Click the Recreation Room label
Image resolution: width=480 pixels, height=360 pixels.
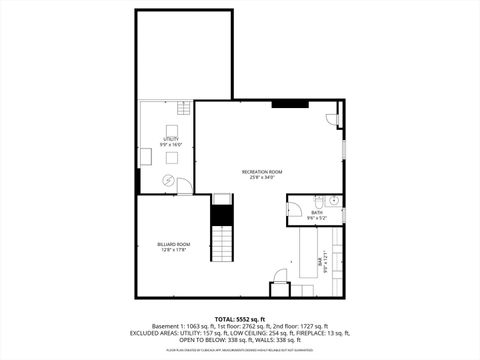tap(263, 171)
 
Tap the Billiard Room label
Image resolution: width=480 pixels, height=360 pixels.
tap(173, 244)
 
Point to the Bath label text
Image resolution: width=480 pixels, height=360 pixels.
tap(317, 211)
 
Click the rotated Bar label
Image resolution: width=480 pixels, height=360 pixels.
tap(320, 261)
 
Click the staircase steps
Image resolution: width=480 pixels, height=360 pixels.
tap(221, 241)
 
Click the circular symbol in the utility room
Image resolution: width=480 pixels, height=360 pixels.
tap(168, 181)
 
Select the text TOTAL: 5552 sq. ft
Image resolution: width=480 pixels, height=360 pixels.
tap(239, 318)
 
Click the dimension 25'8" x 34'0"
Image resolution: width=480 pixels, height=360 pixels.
tap(263, 177)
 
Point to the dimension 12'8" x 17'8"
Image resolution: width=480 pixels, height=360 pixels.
tap(173, 250)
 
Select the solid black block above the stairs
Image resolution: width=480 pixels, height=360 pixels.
tap(221, 200)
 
